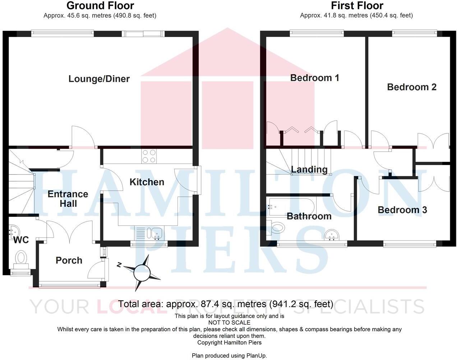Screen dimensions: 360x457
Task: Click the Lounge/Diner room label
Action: pyautogui.click(x=99, y=79)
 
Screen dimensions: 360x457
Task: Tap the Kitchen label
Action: pyautogui.click(x=147, y=182)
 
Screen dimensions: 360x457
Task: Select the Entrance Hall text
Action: pyautogui.click(x=68, y=199)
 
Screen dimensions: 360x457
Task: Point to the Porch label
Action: pyautogui.click(x=69, y=260)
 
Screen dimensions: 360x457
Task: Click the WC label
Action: pyautogui.click(x=21, y=240)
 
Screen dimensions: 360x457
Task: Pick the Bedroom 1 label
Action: pyautogui.click(x=314, y=78)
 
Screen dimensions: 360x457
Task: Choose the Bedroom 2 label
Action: pyautogui.click(x=412, y=87)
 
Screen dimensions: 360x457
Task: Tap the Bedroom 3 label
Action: pyautogui.click(x=402, y=210)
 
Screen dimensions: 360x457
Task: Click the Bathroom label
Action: pyautogui.click(x=309, y=216)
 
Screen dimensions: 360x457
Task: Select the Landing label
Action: pyautogui.click(x=309, y=169)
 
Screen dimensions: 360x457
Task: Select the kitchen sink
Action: pyautogui.click(x=157, y=233)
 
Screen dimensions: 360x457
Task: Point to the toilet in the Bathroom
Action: pyautogui.click(x=277, y=227)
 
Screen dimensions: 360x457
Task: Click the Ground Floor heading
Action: pyautogui.click(x=100, y=6)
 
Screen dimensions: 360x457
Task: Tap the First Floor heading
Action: pyautogui.click(x=357, y=6)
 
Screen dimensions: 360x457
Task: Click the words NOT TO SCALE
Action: pyautogui.click(x=229, y=323)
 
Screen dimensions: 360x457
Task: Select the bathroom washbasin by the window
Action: pyautogui.click(x=332, y=236)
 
